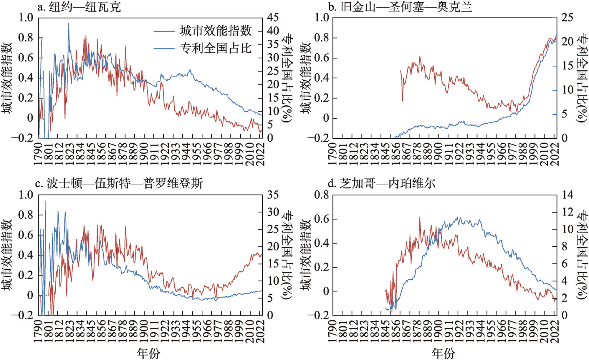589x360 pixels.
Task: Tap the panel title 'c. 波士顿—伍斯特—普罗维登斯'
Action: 119,184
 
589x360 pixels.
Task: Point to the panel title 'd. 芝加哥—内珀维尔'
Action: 381,184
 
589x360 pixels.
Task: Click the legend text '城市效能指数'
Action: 216,31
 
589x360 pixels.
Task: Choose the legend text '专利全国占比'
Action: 216,48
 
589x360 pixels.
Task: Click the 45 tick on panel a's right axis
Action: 273,17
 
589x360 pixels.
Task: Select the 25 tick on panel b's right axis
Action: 567,17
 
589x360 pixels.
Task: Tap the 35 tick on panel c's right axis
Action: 273,195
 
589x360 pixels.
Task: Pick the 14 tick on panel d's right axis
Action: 567,195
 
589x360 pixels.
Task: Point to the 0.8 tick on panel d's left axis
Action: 322,195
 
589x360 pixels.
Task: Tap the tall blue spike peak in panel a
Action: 69,23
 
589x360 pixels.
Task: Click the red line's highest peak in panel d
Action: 420,218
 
